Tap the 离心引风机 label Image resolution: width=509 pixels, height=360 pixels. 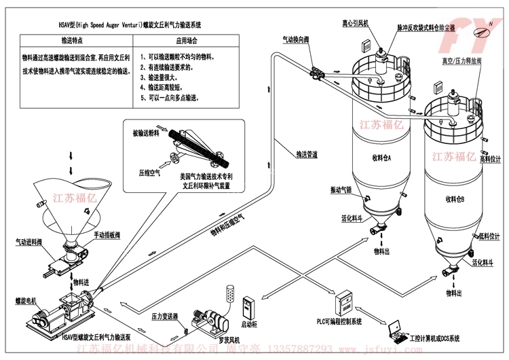click(356, 23)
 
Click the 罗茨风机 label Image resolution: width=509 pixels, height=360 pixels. click(212, 335)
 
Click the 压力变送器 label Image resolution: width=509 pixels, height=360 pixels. click(165, 317)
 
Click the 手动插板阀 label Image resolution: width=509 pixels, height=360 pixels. click(107, 235)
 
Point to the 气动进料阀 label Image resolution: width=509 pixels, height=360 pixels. click(29, 241)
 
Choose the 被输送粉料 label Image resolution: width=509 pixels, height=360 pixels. click(147, 134)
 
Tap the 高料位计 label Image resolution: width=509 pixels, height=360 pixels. click(489, 159)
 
